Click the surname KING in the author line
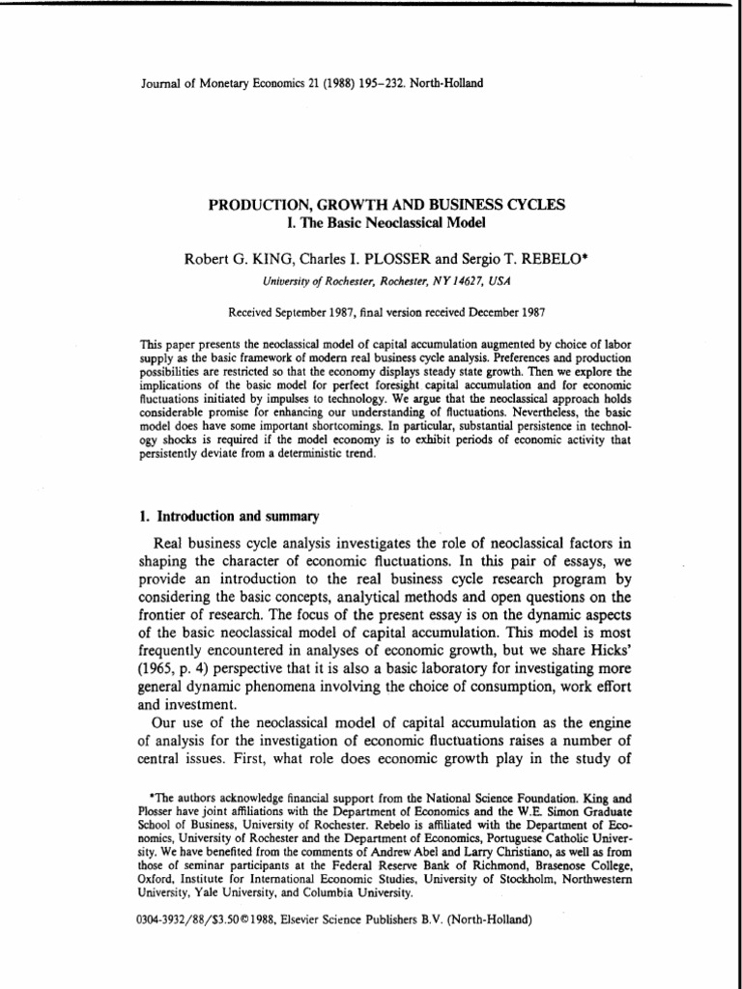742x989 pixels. (264, 260)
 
